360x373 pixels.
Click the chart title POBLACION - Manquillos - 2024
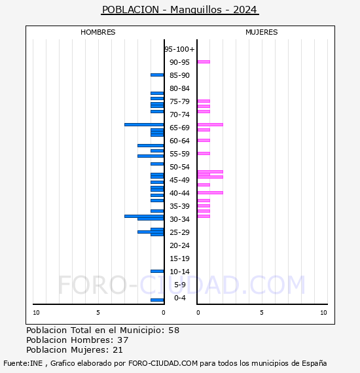179,10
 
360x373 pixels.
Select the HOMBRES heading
98,32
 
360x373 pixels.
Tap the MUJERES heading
262,32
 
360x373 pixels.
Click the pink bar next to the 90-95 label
204,62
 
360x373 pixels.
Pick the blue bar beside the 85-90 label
157,75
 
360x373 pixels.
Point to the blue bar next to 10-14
157,271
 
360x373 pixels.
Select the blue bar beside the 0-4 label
157,300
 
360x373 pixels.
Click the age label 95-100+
179,49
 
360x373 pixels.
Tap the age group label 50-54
179,167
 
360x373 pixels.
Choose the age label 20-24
179,245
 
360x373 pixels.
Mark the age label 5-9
180,285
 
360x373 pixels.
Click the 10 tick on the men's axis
36,313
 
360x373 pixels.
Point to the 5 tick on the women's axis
262,313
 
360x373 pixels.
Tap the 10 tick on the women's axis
323,313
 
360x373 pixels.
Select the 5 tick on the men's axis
98,313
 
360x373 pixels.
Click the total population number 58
174,330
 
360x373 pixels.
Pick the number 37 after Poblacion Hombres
123,340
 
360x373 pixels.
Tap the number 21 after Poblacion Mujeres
118,350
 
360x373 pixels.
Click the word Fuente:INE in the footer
23,363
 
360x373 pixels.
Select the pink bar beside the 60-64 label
204,140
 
